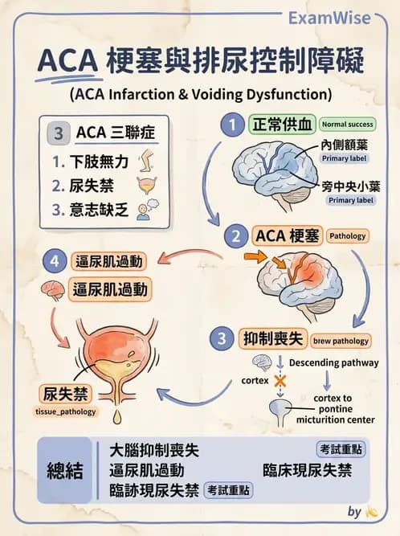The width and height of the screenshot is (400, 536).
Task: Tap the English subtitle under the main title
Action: tap(200, 92)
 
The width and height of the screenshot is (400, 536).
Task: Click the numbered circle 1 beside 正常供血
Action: tap(233, 125)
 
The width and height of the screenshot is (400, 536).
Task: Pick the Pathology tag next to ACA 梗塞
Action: tap(347, 236)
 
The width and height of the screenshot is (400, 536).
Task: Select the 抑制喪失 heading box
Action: tap(273, 339)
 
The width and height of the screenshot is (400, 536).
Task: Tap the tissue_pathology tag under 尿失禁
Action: tap(65, 412)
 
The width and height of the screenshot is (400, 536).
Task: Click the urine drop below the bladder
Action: tap(117, 416)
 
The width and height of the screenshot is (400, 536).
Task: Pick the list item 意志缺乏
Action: tap(101, 211)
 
